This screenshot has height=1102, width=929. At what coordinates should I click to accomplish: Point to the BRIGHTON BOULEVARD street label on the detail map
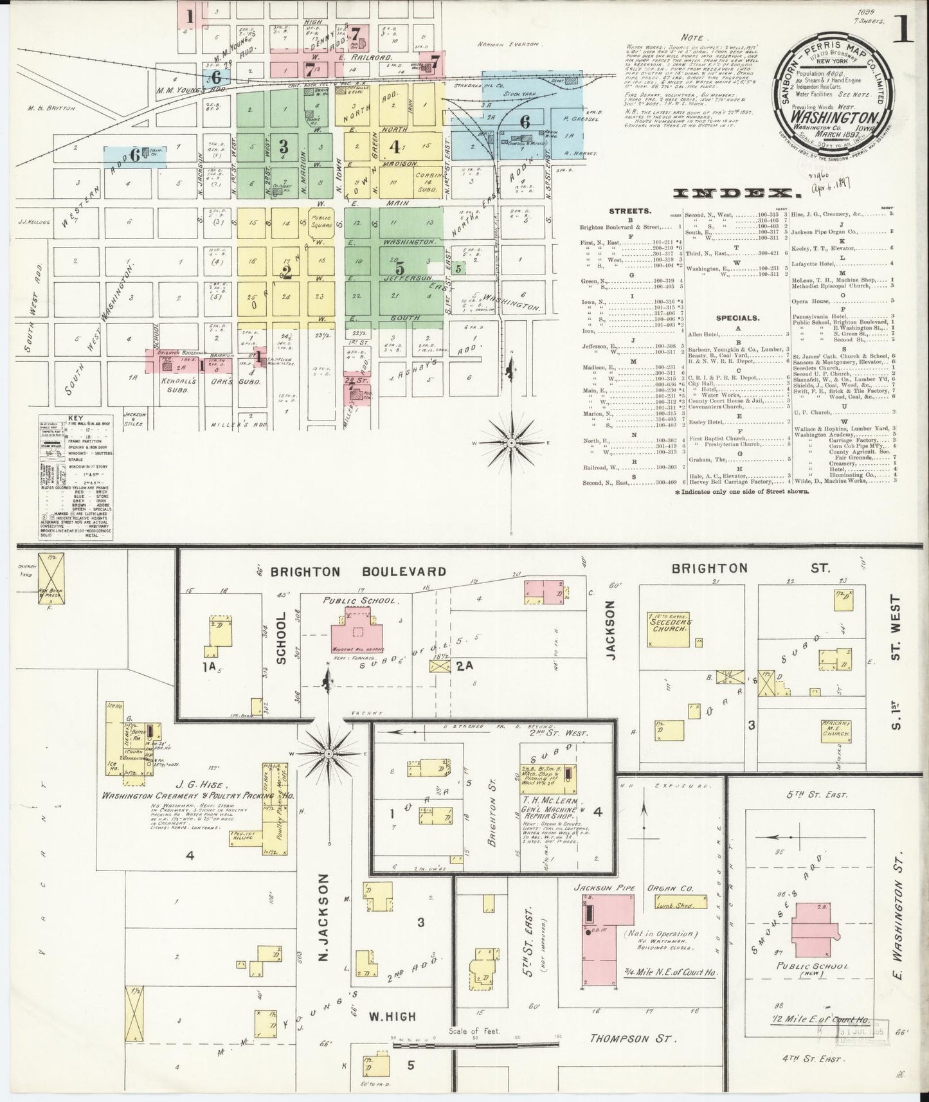[358, 571]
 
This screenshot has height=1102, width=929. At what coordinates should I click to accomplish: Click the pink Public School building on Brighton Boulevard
[354, 629]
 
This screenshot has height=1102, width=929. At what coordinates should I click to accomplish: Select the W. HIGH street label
[393, 1016]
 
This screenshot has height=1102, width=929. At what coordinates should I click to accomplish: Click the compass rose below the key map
[510, 443]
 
